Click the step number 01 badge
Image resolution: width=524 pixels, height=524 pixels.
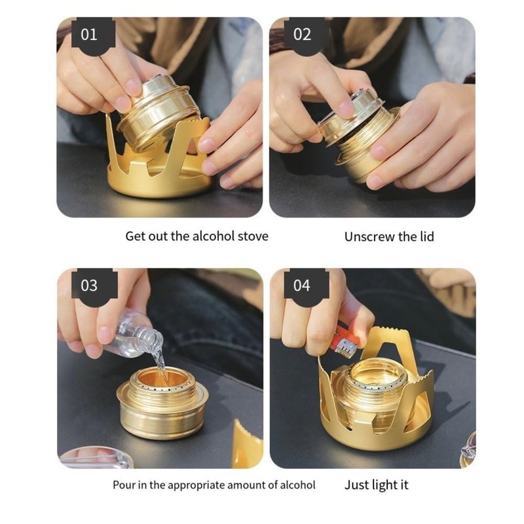(88, 35)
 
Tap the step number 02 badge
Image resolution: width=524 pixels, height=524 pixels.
(302, 35)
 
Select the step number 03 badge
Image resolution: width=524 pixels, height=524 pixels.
(88, 286)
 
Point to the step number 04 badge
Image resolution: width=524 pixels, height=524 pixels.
(302, 286)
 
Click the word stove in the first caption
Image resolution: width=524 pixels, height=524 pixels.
(252, 236)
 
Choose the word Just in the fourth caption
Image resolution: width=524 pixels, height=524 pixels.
(358, 485)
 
